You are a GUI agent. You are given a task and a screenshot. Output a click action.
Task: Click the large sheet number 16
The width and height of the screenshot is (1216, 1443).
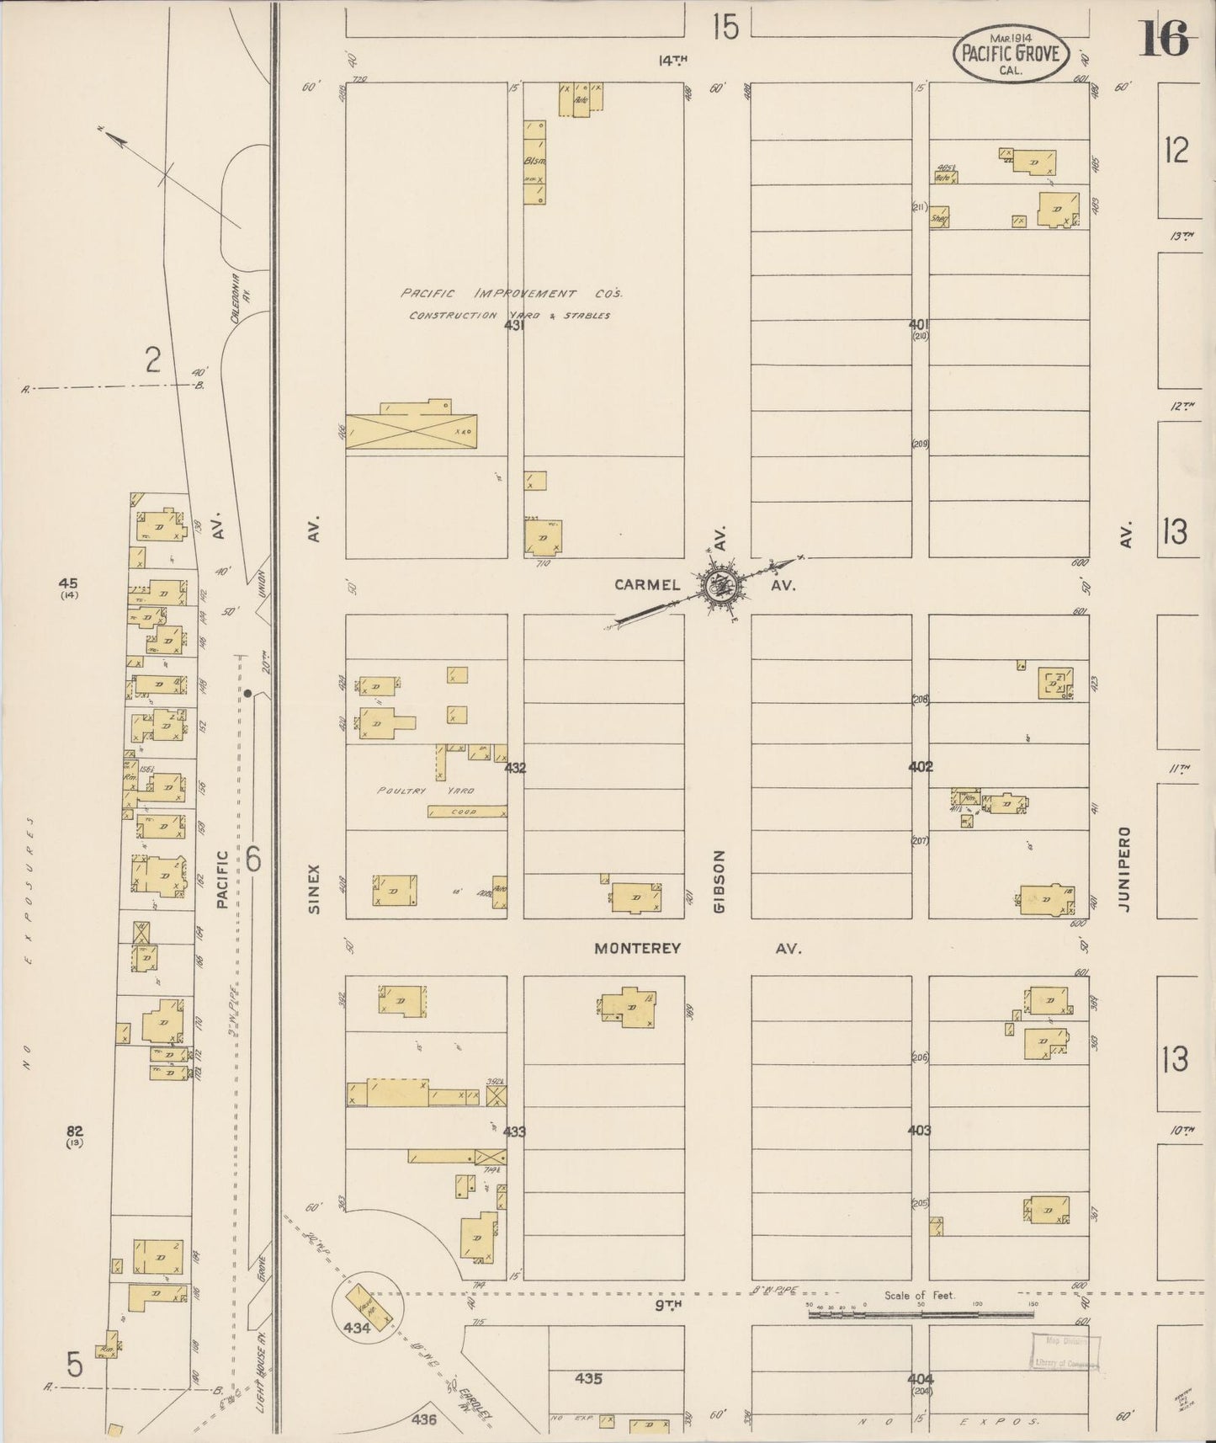point(1164,38)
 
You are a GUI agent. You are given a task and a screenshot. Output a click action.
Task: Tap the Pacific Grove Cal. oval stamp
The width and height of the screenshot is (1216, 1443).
point(1010,56)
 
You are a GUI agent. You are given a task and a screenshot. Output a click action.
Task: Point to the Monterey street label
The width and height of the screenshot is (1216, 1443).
point(637,948)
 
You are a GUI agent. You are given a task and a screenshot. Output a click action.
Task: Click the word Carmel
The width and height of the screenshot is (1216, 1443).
point(646,584)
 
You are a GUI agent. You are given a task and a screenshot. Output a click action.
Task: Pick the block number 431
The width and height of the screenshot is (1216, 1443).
point(514,324)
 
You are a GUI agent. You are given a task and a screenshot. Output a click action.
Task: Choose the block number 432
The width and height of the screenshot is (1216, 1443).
point(515,768)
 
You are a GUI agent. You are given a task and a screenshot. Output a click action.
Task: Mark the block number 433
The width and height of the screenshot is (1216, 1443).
point(514,1132)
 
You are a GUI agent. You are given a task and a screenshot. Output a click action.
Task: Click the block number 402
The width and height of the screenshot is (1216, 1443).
point(920,767)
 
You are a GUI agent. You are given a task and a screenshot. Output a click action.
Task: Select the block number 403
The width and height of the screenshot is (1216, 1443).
point(920,1130)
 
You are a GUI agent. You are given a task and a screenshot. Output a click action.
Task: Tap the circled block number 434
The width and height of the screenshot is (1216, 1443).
point(357,1328)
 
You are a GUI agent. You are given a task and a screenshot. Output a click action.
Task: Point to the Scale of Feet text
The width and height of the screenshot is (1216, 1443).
point(919,1295)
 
